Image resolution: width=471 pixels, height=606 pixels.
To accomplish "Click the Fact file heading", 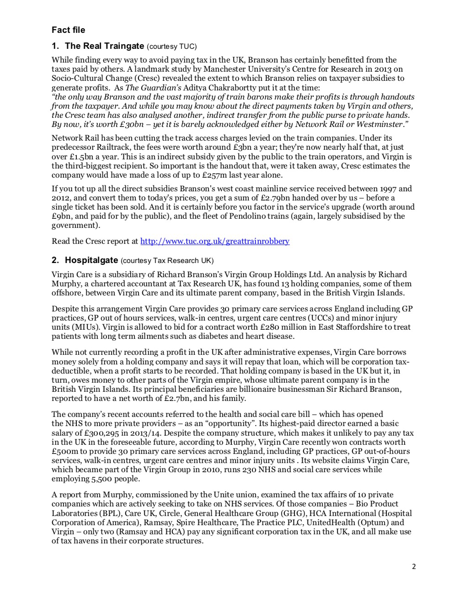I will click(68, 30).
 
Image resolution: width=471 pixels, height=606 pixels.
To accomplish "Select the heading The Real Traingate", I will click(104, 46).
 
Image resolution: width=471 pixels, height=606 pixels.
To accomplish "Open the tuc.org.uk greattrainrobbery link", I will click(214, 241).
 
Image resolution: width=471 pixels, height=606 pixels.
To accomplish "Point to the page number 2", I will click(414, 567).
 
